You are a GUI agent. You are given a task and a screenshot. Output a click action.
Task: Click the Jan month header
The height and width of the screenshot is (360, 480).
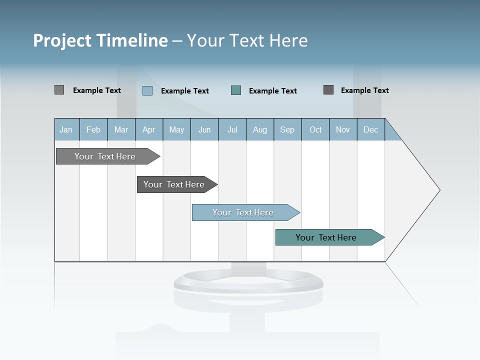coord(66,129)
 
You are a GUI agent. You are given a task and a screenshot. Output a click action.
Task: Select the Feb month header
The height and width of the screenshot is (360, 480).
coord(93,129)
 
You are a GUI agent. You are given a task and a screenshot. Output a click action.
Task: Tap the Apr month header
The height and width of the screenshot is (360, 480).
coord(149,129)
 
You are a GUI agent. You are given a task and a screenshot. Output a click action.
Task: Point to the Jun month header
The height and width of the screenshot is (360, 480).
coord(204,129)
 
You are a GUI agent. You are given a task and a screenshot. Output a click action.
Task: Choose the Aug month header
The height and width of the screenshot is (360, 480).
coord(260,129)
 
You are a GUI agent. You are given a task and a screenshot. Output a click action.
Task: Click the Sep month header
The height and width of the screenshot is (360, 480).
coord(287,129)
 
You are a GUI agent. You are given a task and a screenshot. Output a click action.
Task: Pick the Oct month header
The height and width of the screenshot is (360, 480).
coord(315,129)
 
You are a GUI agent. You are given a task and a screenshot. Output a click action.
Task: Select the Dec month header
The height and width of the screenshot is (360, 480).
coord(371,129)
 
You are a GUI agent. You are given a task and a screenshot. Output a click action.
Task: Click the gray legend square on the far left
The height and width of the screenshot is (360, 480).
coord(59,90)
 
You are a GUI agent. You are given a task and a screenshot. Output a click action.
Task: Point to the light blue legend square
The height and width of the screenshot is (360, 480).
coord(147,90)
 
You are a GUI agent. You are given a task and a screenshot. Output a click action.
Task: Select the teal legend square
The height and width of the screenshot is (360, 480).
coord(236,90)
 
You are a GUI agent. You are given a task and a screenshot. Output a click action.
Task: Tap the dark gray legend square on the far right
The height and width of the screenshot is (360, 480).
coord(328,90)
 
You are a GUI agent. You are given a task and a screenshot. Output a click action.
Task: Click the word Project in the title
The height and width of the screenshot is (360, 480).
coord(62,40)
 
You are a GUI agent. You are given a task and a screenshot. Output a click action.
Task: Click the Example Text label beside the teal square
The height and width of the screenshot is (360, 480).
coord(273,91)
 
